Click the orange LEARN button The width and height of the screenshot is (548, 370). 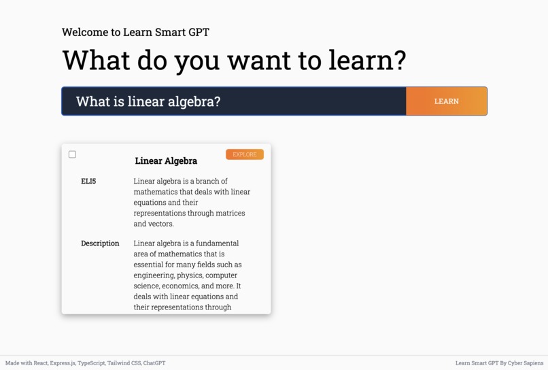tap(446, 101)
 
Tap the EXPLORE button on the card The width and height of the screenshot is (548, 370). tap(245, 154)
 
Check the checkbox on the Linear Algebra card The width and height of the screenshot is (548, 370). tap(72, 154)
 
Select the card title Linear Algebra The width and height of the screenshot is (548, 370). tap(166, 161)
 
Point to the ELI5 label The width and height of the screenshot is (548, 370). tap(88, 182)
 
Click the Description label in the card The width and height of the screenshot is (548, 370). tap(100, 243)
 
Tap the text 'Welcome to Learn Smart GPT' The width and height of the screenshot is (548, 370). tap(135, 32)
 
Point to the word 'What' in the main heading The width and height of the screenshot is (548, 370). tap(96, 60)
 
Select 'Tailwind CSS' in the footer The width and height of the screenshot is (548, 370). tap(124, 363)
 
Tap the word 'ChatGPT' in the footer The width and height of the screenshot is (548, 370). tap(154, 363)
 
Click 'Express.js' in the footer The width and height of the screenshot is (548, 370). tap(63, 363)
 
